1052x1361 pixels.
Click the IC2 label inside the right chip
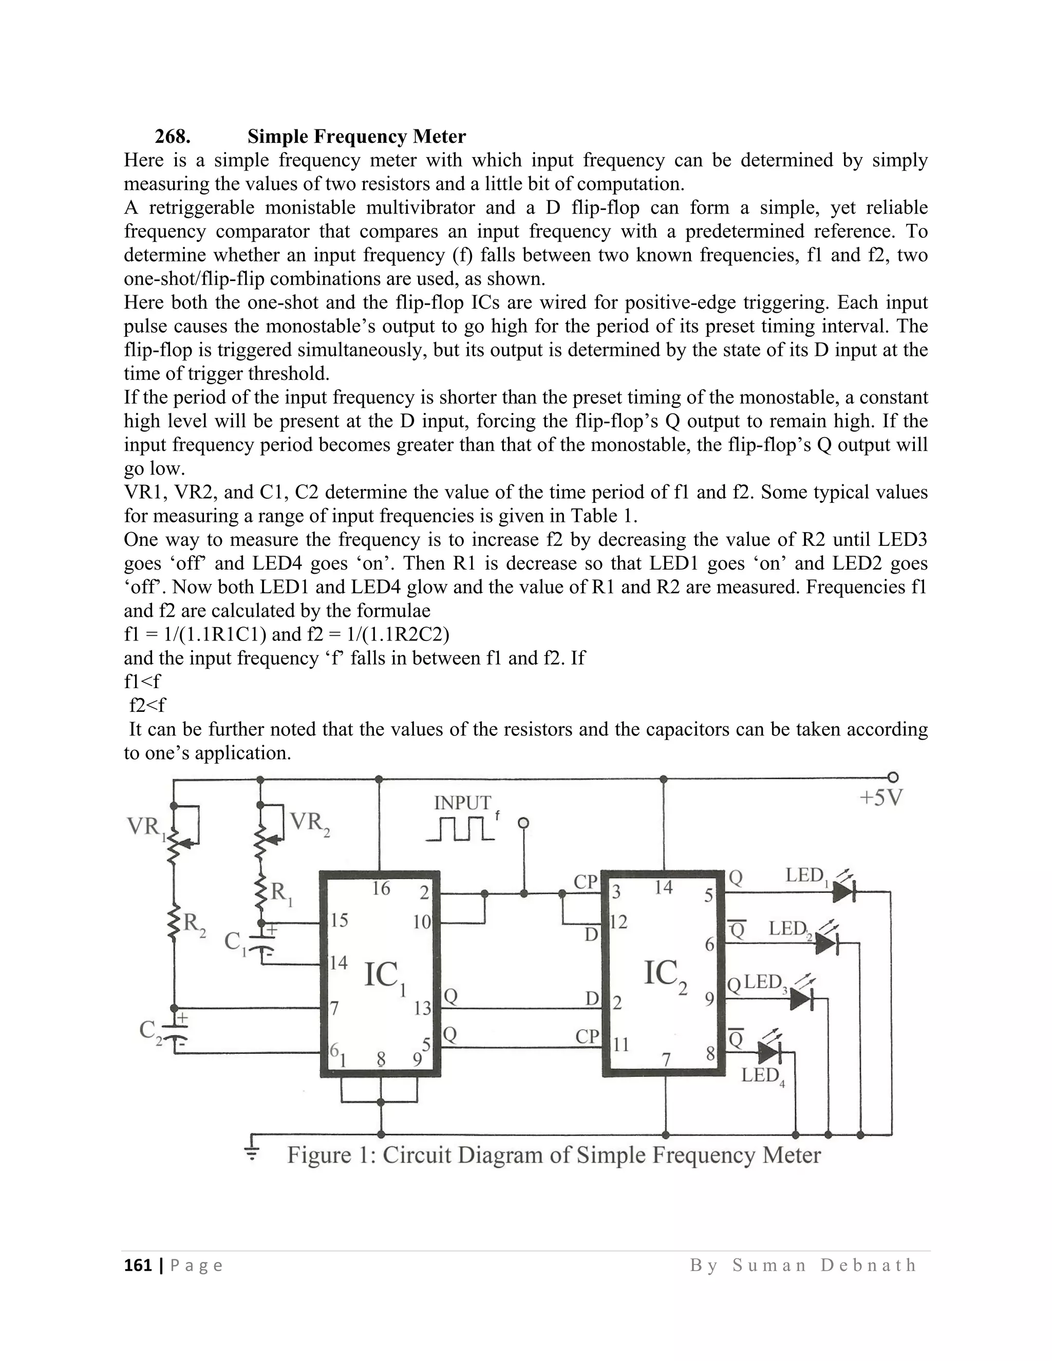pyautogui.click(x=665, y=973)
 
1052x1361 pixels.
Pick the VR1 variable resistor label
pyautogui.click(x=146, y=827)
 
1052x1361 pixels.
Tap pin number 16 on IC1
pyautogui.click(x=381, y=888)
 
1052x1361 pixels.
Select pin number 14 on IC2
pyautogui.click(x=664, y=887)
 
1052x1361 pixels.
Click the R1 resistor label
pyautogui.click(x=281, y=893)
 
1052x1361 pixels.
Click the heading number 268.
pyautogui.click(x=173, y=136)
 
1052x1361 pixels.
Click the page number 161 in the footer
pyautogui.click(x=138, y=1265)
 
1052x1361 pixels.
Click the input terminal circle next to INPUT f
pyautogui.click(x=523, y=823)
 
